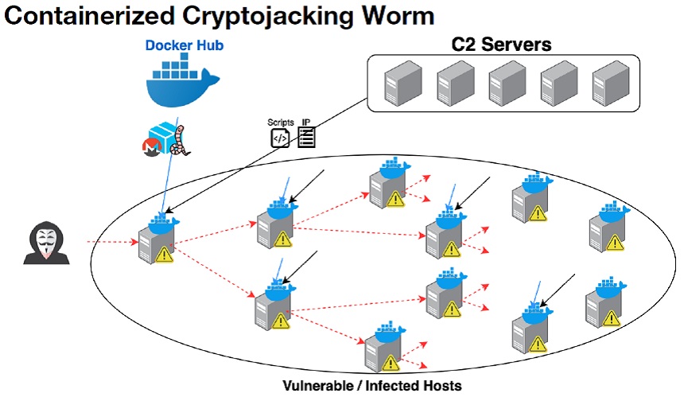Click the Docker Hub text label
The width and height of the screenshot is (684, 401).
coord(184,45)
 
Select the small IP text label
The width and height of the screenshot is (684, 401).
coord(305,122)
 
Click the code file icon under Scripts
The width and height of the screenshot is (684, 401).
coord(280,138)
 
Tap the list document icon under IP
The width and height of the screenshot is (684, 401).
coord(306,138)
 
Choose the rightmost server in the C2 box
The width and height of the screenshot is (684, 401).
coord(608,84)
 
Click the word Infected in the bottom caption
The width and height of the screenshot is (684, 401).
coord(376,386)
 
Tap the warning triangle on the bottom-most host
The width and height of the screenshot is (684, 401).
coord(389,363)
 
